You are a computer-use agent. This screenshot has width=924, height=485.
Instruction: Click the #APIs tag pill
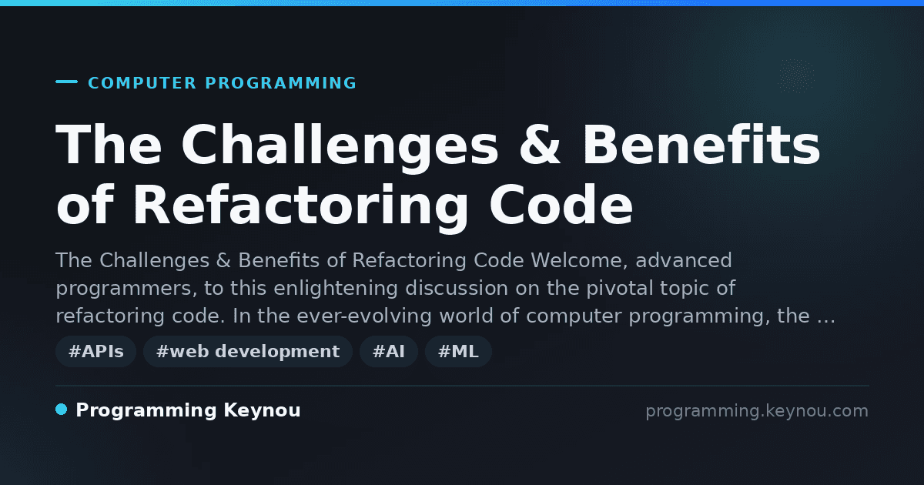(95, 351)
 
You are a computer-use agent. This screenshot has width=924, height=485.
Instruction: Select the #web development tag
(248, 351)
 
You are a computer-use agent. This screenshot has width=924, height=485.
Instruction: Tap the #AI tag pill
(389, 351)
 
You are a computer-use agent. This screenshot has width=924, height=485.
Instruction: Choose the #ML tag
(458, 351)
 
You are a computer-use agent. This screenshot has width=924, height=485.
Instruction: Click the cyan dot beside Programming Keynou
(62, 410)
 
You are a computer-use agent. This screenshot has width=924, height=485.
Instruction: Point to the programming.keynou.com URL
(757, 411)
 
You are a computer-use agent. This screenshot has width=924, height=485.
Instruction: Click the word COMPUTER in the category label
(142, 83)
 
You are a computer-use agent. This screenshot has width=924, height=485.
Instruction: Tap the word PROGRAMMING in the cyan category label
(281, 83)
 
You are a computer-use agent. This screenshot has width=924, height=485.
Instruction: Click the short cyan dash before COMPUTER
(66, 82)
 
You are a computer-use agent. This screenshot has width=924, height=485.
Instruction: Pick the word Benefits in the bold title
(701, 145)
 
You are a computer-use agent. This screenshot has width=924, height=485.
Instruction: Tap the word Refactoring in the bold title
(301, 207)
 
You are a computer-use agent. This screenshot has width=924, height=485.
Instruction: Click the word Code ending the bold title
(561, 205)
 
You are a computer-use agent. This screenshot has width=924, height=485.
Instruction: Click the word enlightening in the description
(336, 288)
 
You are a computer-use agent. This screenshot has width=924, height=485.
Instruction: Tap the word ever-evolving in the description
(363, 316)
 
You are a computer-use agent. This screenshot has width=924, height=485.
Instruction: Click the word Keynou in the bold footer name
(262, 411)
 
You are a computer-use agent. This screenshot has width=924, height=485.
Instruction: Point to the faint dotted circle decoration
(795, 76)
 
